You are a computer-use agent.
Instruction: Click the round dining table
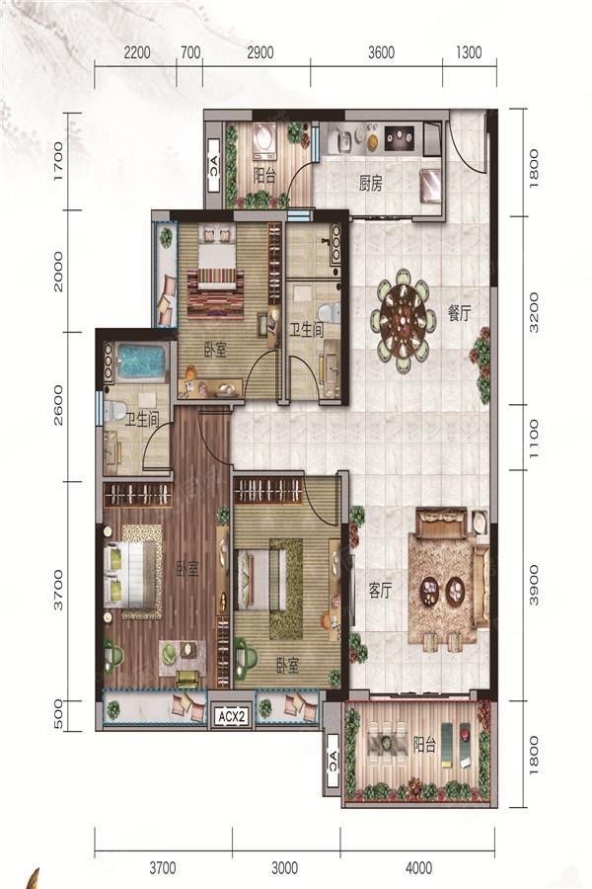[x=405, y=320]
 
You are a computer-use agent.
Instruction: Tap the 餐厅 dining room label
[x=460, y=313]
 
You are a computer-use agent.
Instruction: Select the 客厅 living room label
[x=380, y=591]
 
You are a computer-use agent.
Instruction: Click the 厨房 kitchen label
[x=371, y=184]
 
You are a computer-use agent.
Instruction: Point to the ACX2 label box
[x=232, y=717]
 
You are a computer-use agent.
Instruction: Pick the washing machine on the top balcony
[x=265, y=140]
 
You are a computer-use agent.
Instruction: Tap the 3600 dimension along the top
[x=381, y=52]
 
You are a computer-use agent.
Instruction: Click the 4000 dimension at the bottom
[x=418, y=867]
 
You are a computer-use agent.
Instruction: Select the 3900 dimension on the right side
[x=534, y=585]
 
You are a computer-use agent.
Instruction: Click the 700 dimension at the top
[x=190, y=52]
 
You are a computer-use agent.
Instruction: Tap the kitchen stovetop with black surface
[x=400, y=137]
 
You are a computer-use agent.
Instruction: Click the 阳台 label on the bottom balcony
[x=424, y=744]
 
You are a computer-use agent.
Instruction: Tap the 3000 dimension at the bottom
[x=284, y=867]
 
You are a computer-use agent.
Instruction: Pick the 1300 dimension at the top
[x=469, y=52]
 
